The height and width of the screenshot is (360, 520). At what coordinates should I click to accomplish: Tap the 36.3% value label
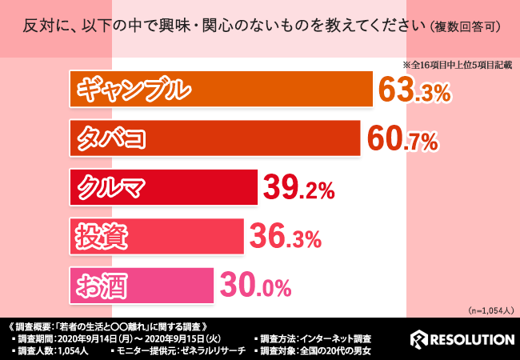tap(286, 237)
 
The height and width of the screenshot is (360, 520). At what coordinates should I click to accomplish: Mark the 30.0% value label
tap(255, 286)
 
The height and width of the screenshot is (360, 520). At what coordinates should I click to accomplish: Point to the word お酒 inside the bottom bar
tap(100, 284)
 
